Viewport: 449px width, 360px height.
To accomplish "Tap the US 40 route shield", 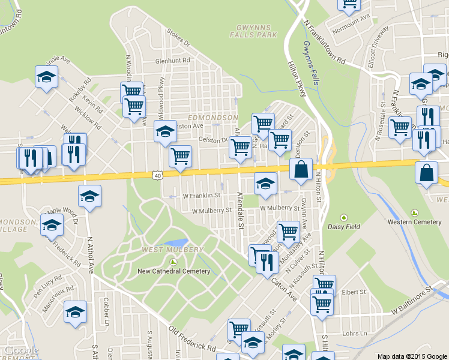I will tap(157, 175).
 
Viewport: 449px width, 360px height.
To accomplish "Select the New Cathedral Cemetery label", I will tap(174, 271).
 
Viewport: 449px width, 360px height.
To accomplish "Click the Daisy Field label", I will tap(344, 226).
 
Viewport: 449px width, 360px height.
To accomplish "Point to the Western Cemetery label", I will tap(414, 221).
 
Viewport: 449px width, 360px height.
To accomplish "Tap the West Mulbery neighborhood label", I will tap(172, 250).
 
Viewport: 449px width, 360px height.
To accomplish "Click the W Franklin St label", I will tap(201, 196).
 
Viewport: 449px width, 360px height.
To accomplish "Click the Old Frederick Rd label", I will tap(193, 339).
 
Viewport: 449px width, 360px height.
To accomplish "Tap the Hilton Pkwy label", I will tap(297, 78).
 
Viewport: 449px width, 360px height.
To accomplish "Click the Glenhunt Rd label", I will tap(172, 61).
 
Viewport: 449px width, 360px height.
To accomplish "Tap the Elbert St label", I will tap(354, 292).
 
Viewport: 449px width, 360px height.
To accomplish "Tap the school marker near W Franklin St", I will tap(265, 184).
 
